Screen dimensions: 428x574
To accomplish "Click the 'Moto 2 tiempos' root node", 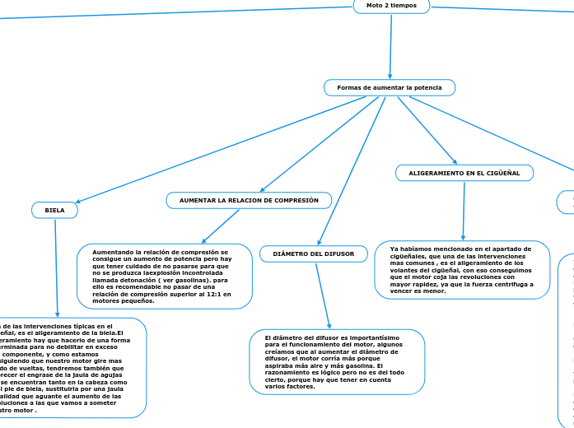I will coord(391,6).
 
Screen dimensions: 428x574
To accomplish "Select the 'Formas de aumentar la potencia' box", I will coord(390,87).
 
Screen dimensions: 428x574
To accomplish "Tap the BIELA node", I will coord(54,210).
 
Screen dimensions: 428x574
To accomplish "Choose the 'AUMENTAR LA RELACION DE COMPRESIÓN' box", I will coord(249,200).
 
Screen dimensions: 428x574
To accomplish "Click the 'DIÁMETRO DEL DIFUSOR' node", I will coord(313,254).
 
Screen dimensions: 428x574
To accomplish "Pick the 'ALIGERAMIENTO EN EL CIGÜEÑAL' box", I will coord(464,173).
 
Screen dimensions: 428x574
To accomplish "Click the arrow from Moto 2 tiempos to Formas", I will coord(390,45).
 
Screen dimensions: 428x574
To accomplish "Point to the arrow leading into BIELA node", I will coord(214,151).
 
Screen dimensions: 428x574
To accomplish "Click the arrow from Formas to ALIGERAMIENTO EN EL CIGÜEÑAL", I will coord(427,130).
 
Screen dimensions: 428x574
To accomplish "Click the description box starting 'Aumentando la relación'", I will coord(165,277).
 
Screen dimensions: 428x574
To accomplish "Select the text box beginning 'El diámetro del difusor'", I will coord(337,362).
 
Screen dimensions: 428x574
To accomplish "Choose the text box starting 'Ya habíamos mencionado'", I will coord(463,269).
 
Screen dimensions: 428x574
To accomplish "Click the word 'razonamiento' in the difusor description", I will coord(285,373).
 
